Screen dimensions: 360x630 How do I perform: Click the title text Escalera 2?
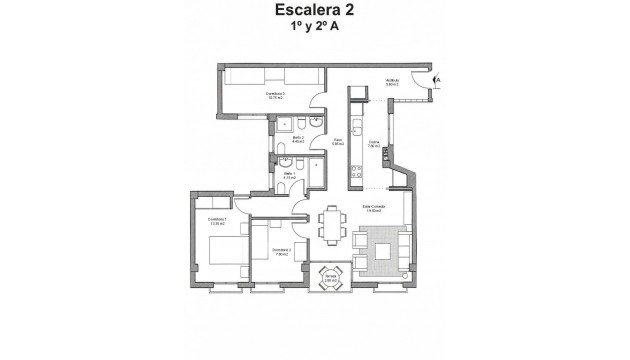315,12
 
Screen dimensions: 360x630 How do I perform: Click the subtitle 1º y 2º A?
315,32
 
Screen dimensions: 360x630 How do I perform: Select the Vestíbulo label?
393,83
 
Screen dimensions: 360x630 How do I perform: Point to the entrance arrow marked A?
436,78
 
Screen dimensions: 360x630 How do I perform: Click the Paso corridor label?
338,142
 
